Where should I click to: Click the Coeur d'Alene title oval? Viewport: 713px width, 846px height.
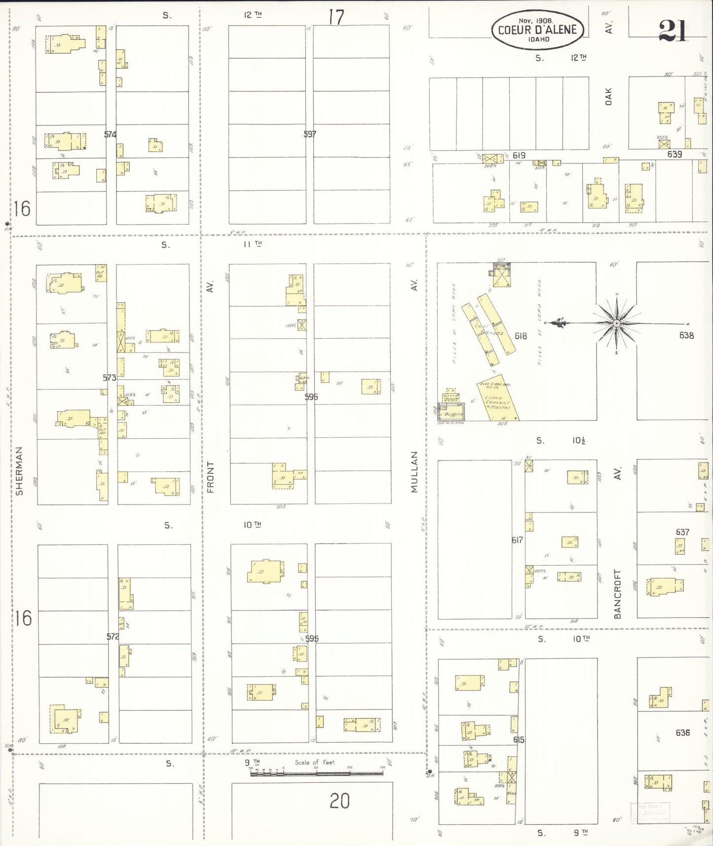pos(537,30)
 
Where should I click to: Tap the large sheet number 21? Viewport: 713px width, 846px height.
pos(673,31)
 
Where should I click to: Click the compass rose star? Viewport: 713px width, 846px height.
pos(616,323)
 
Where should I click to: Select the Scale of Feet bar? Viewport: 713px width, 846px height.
pos(316,773)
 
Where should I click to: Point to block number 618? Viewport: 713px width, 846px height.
pos(521,336)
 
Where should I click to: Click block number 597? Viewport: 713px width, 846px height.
pos(310,134)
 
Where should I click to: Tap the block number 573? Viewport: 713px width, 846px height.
pos(109,378)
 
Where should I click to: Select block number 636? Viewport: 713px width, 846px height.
pos(682,732)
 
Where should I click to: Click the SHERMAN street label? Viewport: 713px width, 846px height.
pos(19,471)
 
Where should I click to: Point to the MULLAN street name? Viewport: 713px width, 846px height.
pos(414,471)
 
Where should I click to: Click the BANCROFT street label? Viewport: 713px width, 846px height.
pos(617,594)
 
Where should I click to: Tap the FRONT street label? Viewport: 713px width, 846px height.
pos(211,477)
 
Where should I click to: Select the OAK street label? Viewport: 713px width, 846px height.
pos(608,96)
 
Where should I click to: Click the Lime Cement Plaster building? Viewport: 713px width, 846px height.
pos(497,401)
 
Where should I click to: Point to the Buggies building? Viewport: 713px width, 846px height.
pos(451,413)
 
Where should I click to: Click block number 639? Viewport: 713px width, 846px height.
pos(675,154)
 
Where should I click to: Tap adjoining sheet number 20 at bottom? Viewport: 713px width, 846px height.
pos(339,801)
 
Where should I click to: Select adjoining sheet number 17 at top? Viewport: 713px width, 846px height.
pos(336,17)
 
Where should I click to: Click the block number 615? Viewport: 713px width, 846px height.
pos(519,739)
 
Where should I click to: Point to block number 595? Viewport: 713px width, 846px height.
pos(311,638)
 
